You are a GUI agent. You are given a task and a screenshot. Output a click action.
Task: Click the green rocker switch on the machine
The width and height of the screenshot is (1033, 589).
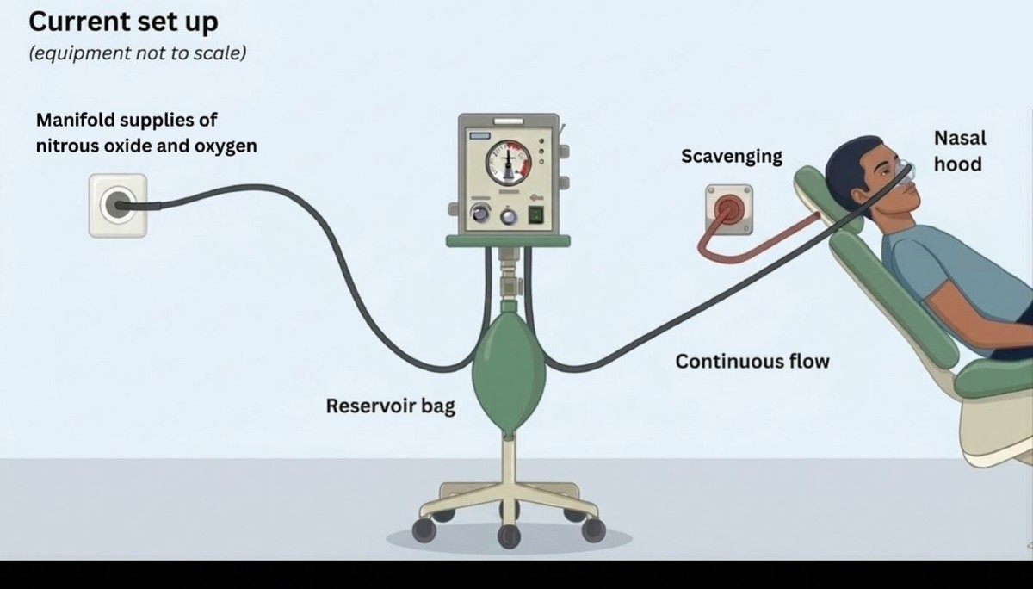[535, 215]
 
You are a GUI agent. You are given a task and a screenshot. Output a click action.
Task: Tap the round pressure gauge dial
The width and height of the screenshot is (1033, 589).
[508, 163]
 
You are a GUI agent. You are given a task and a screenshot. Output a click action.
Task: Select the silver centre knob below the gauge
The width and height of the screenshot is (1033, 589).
[508, 216]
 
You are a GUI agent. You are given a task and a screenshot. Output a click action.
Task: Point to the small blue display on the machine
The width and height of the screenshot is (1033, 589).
[479, 135]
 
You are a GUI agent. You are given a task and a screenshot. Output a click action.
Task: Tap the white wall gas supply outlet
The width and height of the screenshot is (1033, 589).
[118, 206]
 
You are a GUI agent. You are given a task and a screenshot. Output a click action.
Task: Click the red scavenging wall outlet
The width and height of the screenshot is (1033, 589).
[729, 209]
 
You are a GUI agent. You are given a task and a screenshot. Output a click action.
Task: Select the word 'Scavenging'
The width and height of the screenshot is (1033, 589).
[732, 157]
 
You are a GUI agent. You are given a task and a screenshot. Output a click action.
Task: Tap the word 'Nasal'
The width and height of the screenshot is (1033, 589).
[960, 138]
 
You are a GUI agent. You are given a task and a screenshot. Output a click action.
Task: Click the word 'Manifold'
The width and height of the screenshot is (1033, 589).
[76, 120]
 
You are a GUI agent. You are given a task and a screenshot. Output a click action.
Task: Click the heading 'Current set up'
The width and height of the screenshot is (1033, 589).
[124, 22]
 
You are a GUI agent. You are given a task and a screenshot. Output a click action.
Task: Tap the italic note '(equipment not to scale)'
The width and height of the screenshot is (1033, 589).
[138, 53]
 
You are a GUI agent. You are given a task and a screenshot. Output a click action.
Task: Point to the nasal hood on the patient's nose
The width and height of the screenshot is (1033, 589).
[906, 172]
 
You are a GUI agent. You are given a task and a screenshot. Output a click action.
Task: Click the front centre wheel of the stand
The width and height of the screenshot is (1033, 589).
[509, 536]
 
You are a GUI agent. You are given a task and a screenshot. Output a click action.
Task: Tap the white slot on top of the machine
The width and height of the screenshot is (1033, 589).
[509, 121]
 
